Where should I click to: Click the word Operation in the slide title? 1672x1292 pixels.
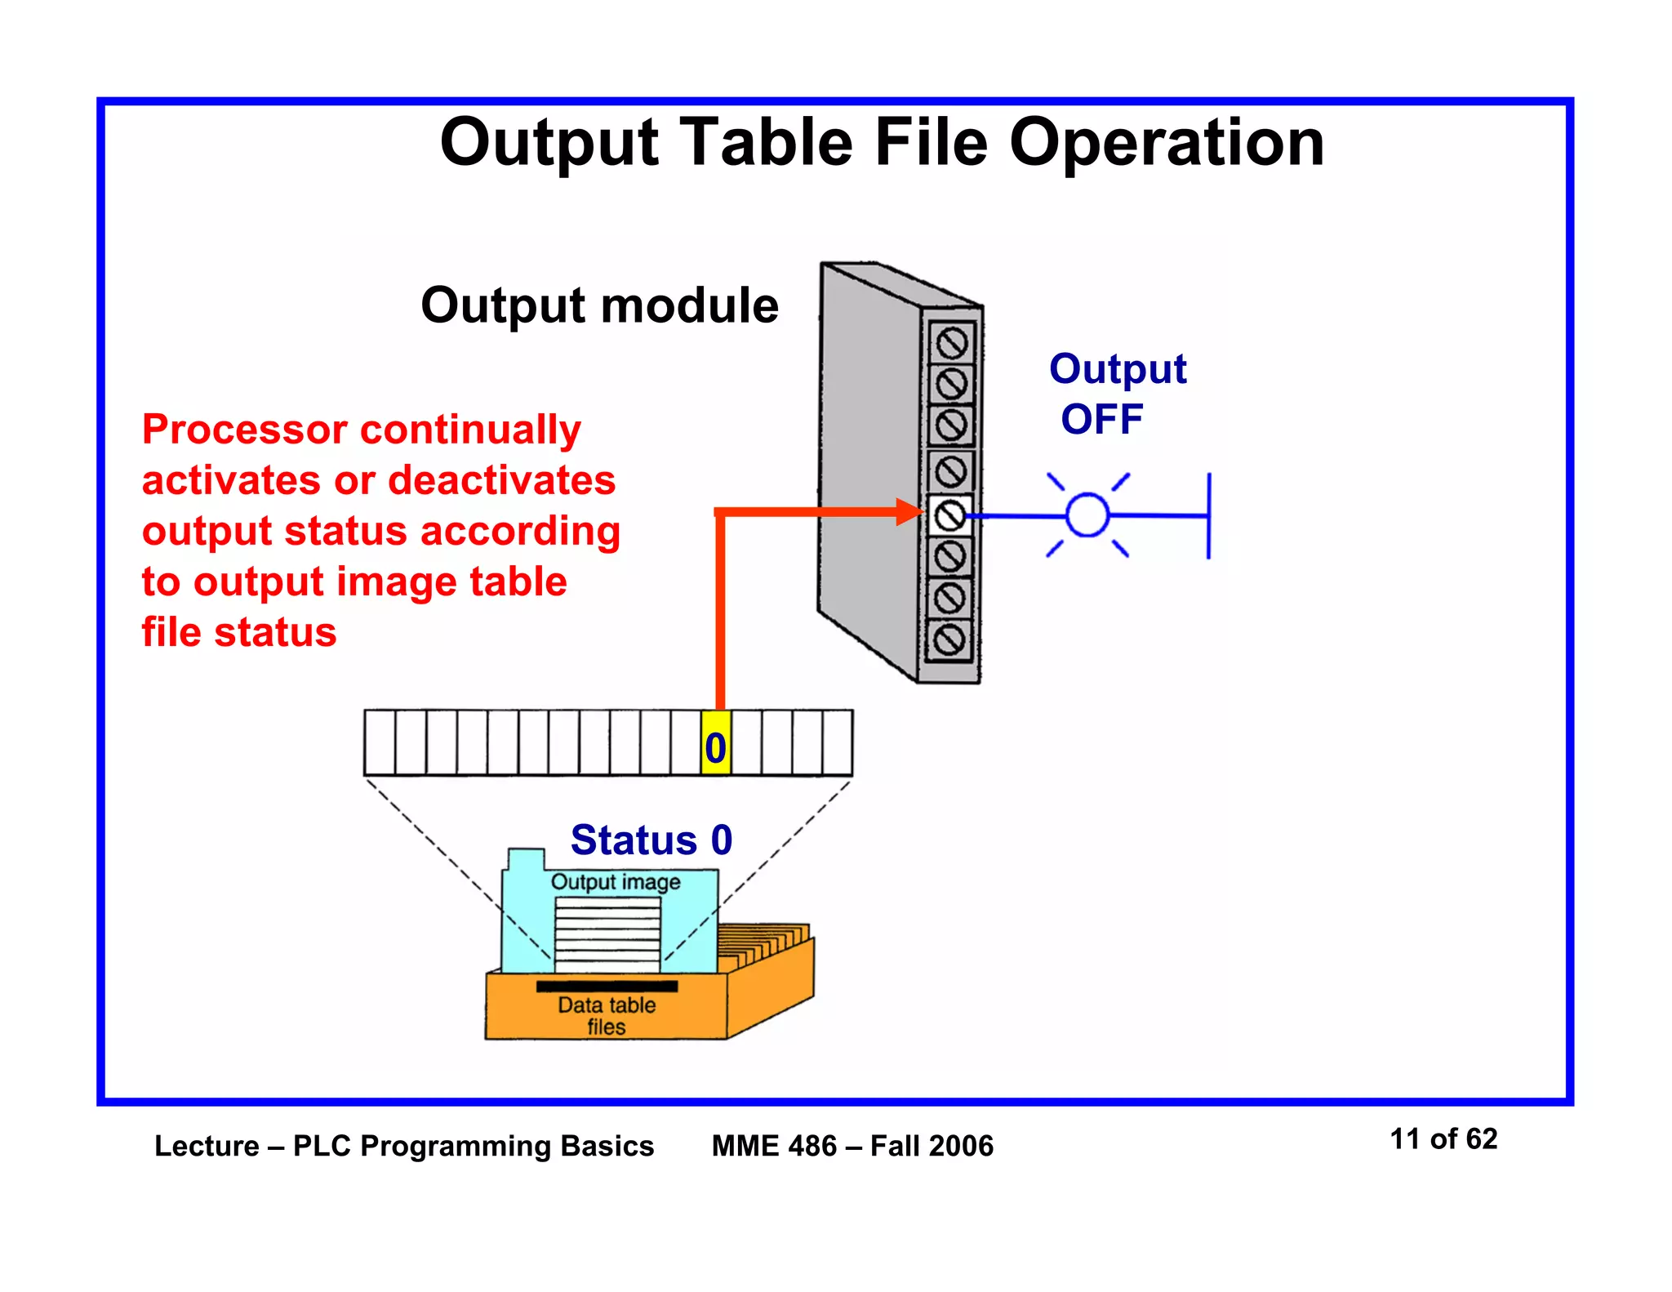(1166, 143)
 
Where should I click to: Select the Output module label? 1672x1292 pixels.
(599, 305)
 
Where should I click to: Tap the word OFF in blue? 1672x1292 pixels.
(1101, 420)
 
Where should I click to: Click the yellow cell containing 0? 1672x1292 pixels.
(715, 743)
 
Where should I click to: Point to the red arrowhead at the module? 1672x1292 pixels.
(909, 512)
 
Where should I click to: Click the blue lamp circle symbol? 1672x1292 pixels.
(1087, 515)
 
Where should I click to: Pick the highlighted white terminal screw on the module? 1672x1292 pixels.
(949, 515)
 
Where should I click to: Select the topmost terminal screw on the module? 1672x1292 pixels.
(951, 343)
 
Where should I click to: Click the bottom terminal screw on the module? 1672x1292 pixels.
(949, 639)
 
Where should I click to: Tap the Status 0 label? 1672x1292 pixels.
(651, 840)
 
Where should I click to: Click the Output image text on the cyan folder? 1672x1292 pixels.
(615, 882)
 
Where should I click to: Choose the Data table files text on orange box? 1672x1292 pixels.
(606, 1015)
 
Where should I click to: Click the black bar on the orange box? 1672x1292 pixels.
(606, 986)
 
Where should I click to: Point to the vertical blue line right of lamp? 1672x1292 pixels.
(1208, 515)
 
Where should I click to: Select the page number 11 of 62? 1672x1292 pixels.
(1443, 1138)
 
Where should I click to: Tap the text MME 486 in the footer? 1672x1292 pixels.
(773, 1146)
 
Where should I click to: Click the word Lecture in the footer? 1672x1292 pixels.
(207, 1146)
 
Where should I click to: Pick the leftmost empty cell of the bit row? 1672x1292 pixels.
(380, 742)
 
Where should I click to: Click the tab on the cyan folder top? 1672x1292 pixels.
(526, 859)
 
